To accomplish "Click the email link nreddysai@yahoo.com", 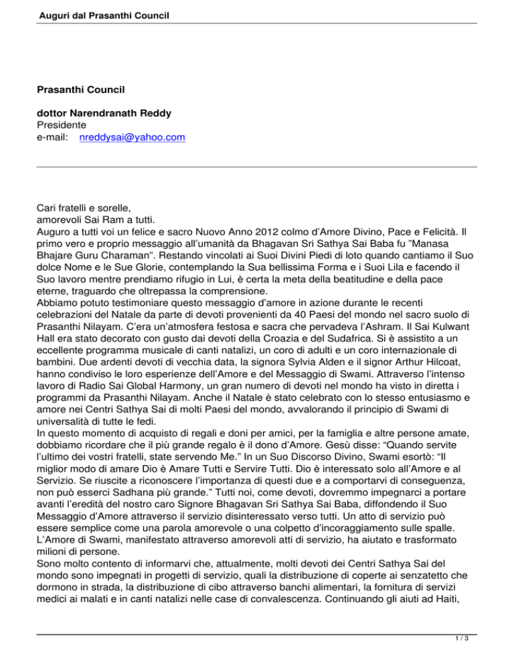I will [x=132, y=138].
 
